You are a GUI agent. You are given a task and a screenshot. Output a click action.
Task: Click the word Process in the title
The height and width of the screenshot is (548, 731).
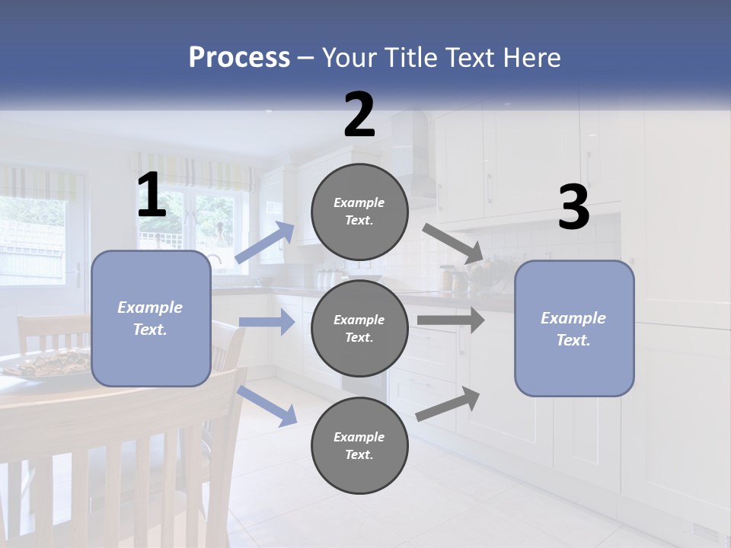(x=239, y=57)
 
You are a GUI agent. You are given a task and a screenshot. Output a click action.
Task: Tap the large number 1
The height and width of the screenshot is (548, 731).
(x=152, y=196)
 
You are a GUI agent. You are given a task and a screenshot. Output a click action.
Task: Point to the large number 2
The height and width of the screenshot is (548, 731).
(x=359, y=115)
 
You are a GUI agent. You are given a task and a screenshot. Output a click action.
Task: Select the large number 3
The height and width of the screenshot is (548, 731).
(x=573, y=208)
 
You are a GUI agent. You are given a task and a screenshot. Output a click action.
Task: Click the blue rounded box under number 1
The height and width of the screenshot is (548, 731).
(x=151, y=318)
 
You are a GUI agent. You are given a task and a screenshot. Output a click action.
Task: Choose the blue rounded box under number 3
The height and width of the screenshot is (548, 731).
(x=574, y=328)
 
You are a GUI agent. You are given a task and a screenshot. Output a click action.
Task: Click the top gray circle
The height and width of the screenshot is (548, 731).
(x=359, y=212)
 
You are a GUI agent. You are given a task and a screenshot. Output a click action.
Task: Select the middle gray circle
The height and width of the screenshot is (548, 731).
(x=359, y=328)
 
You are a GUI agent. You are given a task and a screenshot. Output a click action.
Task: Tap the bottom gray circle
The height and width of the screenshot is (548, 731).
(x=359, y=445)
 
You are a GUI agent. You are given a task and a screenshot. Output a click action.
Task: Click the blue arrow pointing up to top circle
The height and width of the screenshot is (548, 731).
(x=265, y=242)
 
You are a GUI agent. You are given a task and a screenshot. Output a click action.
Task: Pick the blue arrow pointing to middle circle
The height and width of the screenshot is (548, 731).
(x=267, y=322)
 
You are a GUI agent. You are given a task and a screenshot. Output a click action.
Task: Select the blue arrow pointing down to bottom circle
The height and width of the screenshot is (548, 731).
(x=267, y=405)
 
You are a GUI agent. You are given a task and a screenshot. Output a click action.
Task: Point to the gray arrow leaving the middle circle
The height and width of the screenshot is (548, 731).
(x=450, y=320)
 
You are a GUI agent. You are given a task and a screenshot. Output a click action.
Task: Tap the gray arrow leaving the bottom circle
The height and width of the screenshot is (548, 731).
(x=448, y=403)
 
